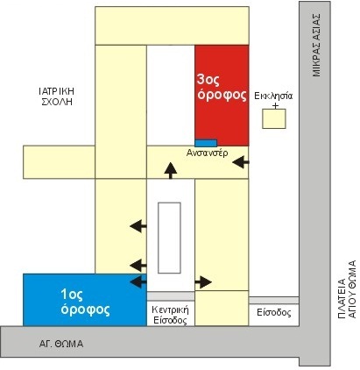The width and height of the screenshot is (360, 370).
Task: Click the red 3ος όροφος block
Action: [x=222, y=96]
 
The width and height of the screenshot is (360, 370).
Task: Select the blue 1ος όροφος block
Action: [x=85, y=300]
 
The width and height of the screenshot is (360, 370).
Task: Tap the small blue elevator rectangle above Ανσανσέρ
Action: [x=206, y=143]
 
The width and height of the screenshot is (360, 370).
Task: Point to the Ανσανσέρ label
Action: [x=207, y=153]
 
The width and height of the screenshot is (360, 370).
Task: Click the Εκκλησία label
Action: [x=273, y=96]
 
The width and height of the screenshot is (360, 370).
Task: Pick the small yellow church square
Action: [x=274, y=118]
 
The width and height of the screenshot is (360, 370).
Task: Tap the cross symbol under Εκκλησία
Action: [x=275, y=105]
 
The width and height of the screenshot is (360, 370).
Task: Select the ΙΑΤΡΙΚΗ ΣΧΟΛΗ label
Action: [x=57, y=96]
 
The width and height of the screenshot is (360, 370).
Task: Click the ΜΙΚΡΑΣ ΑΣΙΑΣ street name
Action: [x=316, y=45]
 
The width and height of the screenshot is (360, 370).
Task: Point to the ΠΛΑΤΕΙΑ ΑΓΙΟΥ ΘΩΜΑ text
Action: [x=347, y=289]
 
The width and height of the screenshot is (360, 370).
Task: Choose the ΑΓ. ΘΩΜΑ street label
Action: [x=61, y=344]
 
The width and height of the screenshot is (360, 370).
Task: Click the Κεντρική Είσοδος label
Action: [x=170, y=315]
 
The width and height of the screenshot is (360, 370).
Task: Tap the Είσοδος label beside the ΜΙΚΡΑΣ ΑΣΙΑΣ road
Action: [x=274, y=313]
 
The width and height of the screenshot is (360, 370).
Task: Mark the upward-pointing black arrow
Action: [x=171, y=171]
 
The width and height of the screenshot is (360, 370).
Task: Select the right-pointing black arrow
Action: [x=203, y=282]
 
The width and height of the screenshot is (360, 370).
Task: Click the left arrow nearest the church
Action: [x=241, y=162]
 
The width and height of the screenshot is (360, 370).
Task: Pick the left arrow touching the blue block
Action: [x=138, y=281]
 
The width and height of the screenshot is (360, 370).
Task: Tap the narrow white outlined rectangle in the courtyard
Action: [x=169, y=238]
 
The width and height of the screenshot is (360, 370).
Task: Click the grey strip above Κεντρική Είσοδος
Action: [x=171, y=296]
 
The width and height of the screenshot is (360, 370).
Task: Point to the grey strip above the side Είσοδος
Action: [x=274, y=301]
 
